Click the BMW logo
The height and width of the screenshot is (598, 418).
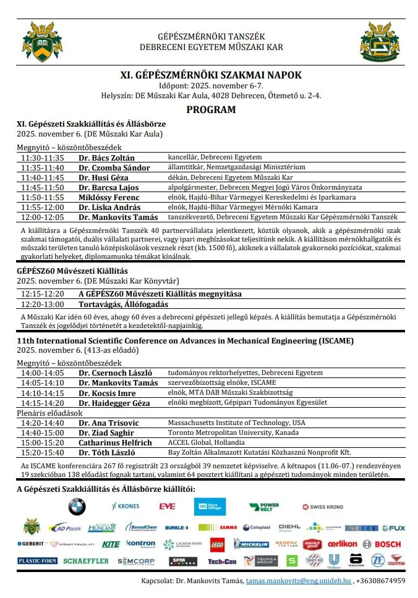click(77, 507)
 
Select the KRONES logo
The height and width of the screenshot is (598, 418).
click(126, 507)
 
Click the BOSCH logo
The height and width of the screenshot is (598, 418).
click(388, 544)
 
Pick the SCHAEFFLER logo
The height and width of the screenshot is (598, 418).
click(85, 561)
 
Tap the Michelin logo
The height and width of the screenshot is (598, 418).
click(251, 544)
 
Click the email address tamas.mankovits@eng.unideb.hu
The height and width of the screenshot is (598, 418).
click(299, 581)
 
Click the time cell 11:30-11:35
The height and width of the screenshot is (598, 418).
click(42, 158)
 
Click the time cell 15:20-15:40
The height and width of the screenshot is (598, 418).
click(42, 452)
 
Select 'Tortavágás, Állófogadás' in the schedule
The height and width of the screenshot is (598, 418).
click(123, 304)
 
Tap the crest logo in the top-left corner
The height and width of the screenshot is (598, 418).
click(43, 41)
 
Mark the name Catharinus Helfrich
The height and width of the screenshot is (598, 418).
click(115, 442)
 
